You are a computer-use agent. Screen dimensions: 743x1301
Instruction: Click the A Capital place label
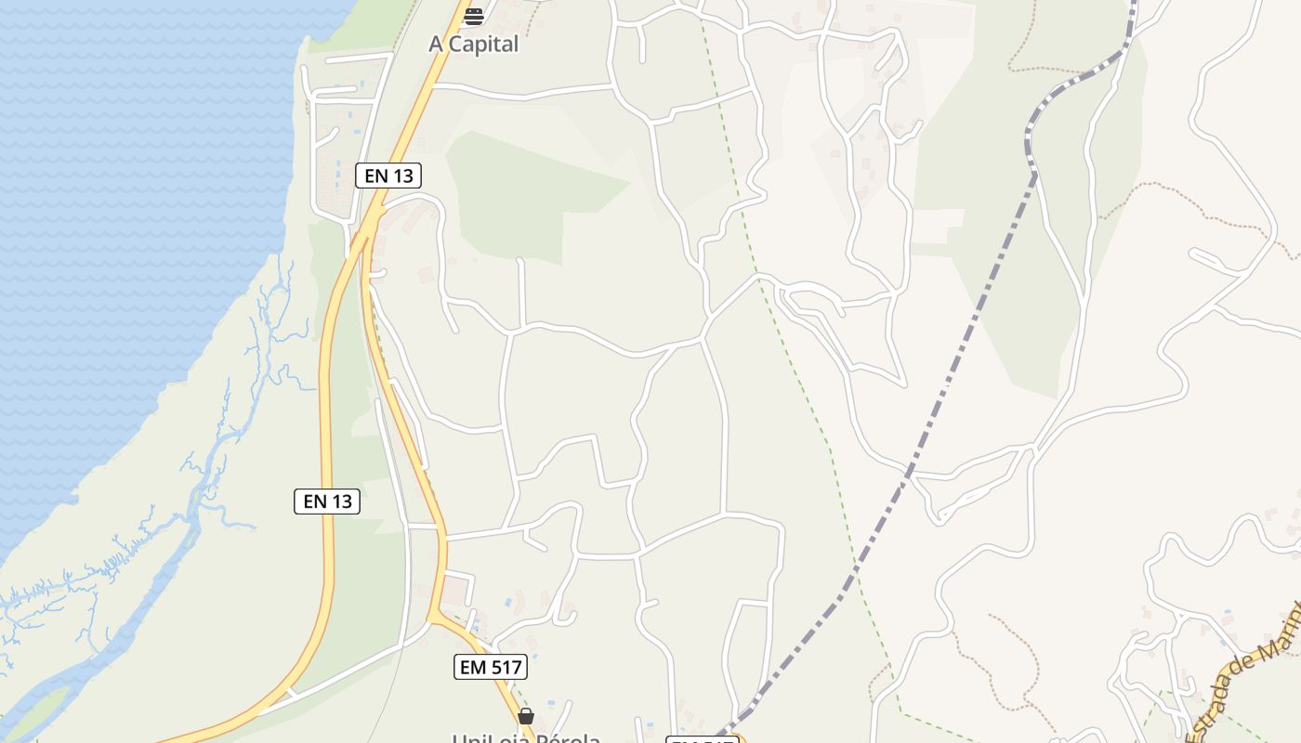pos(473,44)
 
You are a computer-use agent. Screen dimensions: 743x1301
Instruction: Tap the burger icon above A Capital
pos(474,16)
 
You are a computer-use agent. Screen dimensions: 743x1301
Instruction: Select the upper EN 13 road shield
pos(388,175)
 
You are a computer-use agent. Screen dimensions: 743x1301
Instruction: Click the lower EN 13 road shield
pos(327,502)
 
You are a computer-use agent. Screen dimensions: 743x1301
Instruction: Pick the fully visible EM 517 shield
pos(491,666)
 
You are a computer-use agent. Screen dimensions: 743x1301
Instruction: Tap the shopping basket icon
pos(526,716)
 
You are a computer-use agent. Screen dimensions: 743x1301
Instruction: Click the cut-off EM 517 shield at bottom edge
pos(703,739)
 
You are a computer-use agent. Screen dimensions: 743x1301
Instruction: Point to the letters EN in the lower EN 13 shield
pos(314,502)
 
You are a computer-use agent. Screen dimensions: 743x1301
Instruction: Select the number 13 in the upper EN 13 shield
pos(403,175)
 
